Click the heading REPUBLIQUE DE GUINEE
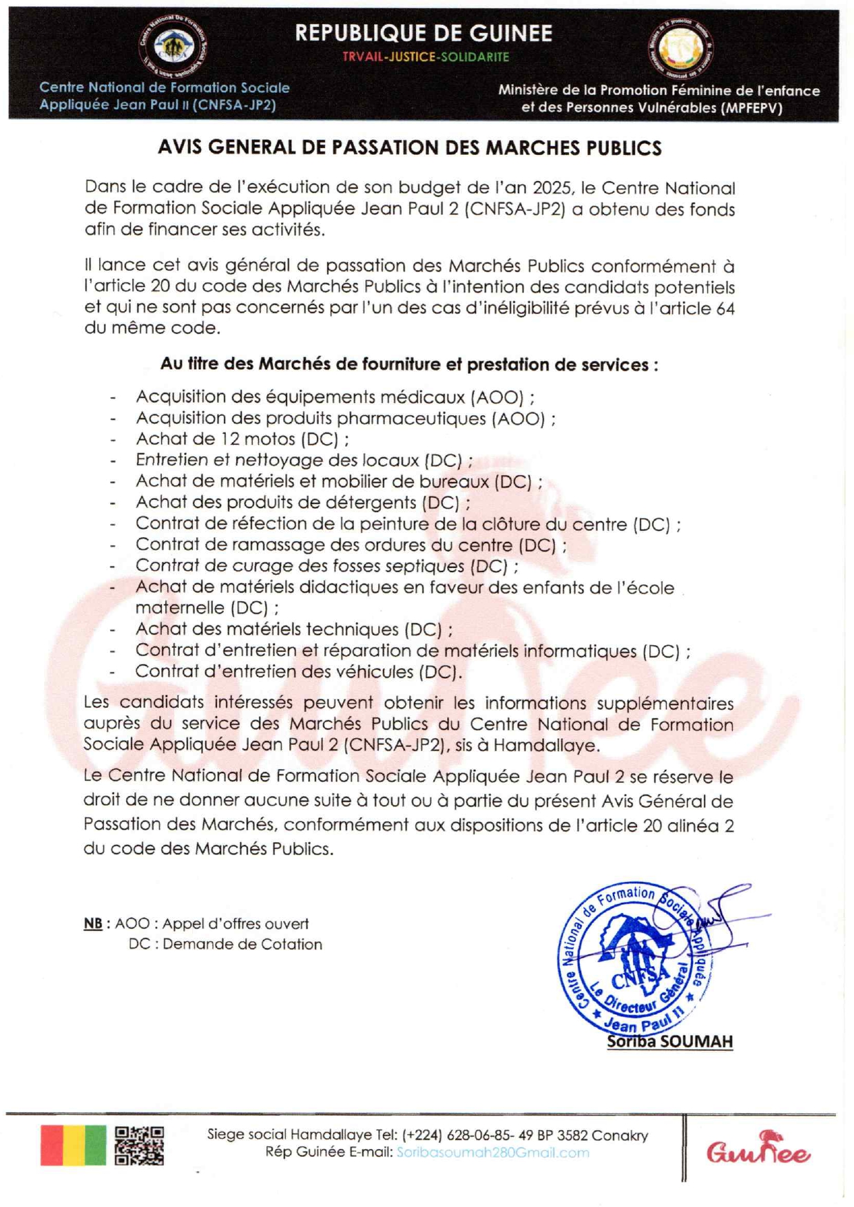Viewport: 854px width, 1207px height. click(424, 33)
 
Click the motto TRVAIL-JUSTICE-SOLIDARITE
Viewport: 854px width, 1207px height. click(426, 57)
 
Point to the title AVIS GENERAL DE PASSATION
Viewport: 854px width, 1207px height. click(410, 148)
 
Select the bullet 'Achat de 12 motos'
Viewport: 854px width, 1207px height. click(242, 439)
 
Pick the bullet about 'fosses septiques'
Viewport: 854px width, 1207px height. click(326, 566)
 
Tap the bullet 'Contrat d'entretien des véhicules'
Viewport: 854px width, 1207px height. click(298, 671)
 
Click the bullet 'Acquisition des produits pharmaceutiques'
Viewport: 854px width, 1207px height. click(346, 418)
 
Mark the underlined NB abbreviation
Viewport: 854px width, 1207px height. click(93, 924)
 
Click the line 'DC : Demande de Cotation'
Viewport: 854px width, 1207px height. click(225, 944)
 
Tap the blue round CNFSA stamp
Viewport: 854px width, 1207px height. click(634, 957)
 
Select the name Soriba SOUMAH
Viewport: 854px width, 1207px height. click(669, 1041)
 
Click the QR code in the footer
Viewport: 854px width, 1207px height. click(139, 1146)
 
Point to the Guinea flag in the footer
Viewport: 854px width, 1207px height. click(73, 1146)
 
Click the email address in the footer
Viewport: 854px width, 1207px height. click(492, 1153)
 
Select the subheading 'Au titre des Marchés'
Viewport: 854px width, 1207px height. click(409, 364)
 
